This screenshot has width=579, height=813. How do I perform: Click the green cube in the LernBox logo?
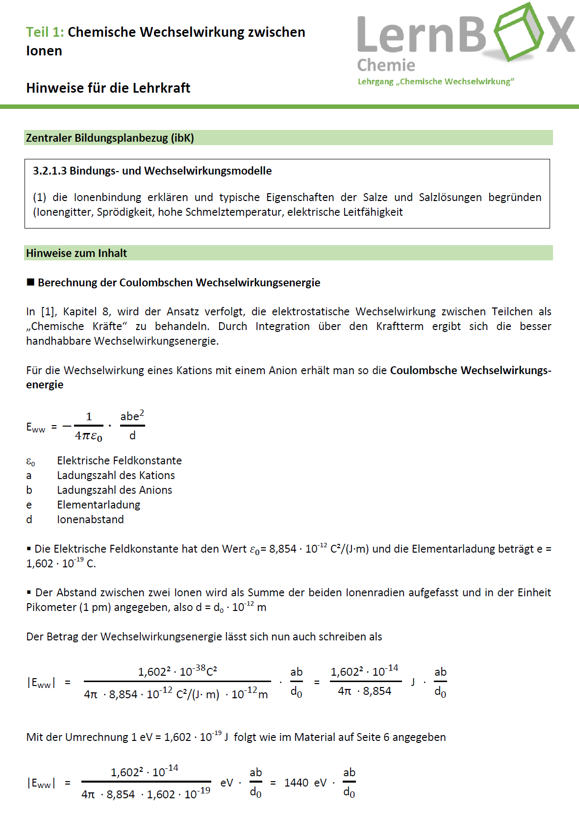click(x=519, y=31)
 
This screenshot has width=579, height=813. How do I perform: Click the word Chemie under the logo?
click(x=386, y=65)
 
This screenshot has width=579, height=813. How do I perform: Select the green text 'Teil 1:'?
click(x=45, y=32)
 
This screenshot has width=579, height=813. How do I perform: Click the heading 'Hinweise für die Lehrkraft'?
click(x=108, y=88)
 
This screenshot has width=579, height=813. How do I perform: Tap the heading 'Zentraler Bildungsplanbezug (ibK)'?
click(x=110, y=138)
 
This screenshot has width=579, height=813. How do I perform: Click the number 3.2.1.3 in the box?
click(x=50, y=171)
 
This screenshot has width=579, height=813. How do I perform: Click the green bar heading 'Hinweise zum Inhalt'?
click(x=76, y=254)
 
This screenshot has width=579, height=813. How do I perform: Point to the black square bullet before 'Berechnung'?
click(x=30, y=282)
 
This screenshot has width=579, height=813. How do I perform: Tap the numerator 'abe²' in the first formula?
click(x=132, y=416)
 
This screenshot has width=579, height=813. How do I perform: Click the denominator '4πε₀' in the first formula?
click(x=88, y=436)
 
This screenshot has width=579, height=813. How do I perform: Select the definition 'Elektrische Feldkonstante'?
click(x=119, y=461)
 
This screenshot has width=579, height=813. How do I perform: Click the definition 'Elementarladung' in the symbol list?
click(x=99, y=505)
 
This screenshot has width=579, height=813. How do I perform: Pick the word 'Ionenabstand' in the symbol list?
click(x=90, y=520)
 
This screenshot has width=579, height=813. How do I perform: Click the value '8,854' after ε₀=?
click(x=282, y=549)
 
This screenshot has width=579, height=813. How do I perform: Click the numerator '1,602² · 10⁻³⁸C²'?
click(x=177, y=671)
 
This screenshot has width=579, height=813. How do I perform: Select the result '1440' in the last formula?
click(x=296, y=783)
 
